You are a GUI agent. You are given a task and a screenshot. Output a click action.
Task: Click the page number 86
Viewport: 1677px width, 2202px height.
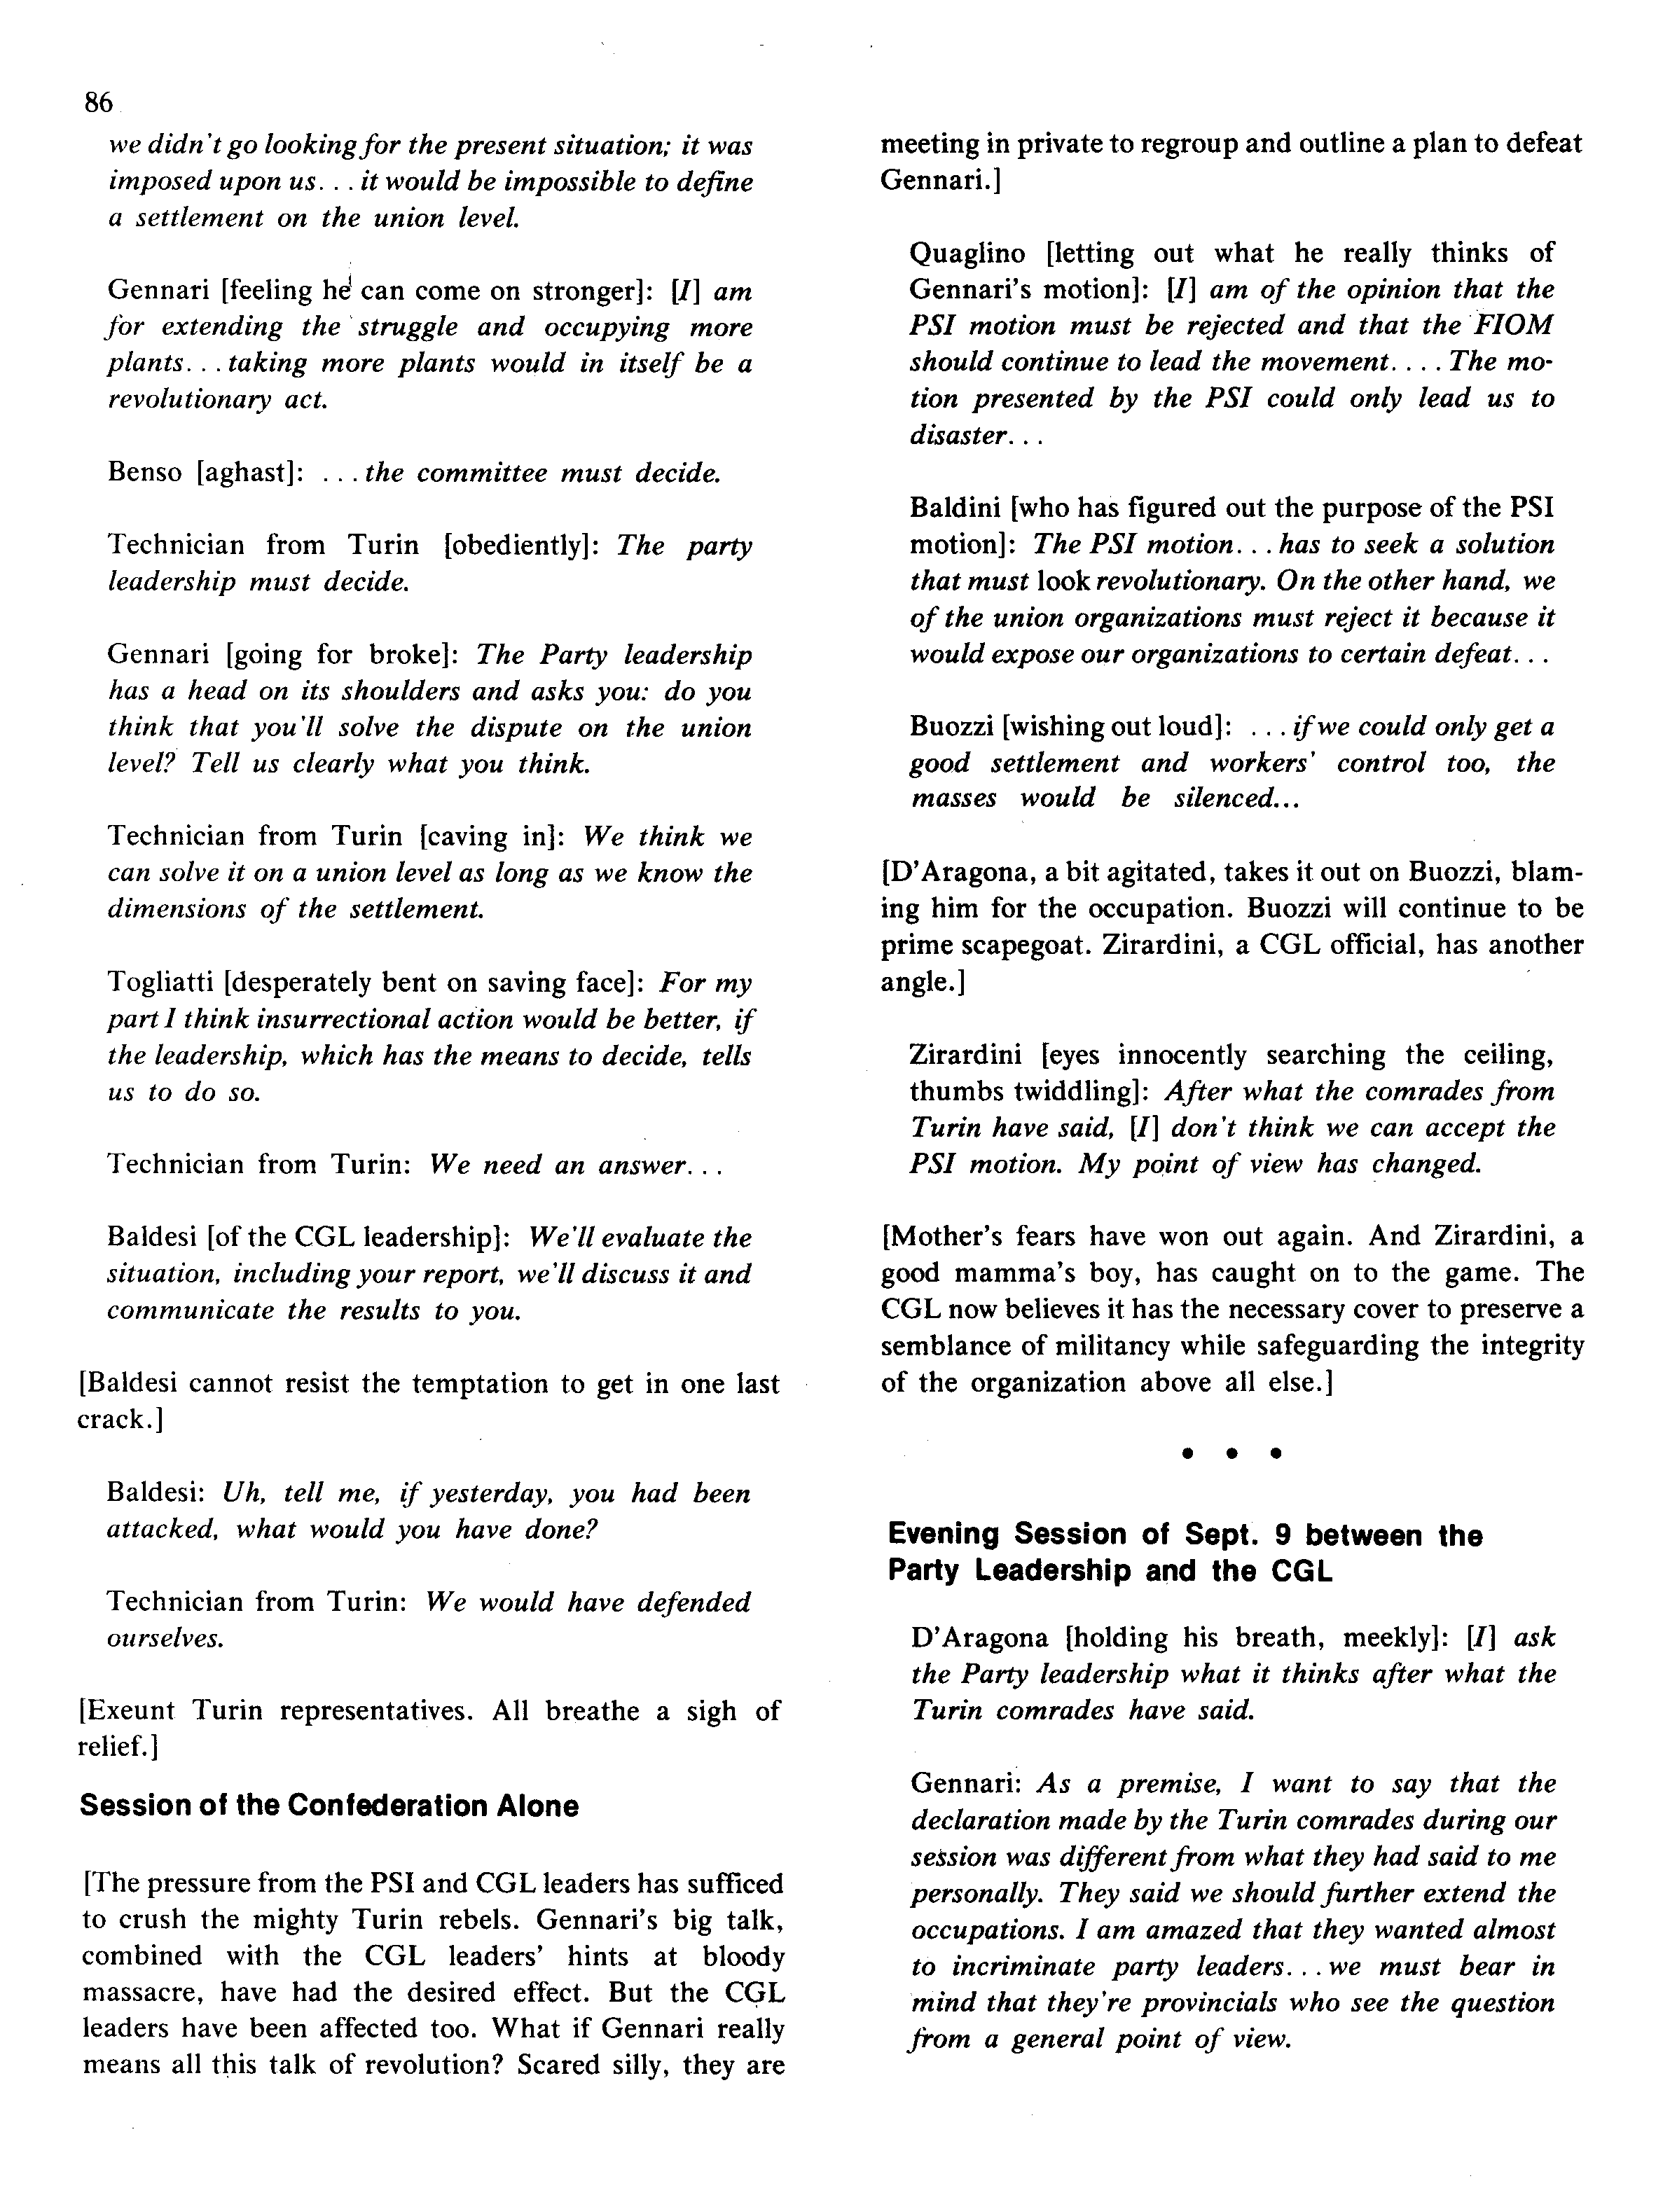pyautogui.click(x=98, y=102)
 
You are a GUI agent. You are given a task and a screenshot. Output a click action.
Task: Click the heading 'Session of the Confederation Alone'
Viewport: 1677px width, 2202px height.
pyautogui.click(x=329, y=1806)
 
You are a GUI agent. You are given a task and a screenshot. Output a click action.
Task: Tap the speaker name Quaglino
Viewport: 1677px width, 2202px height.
pyautogui.click(x=966, y=253)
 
